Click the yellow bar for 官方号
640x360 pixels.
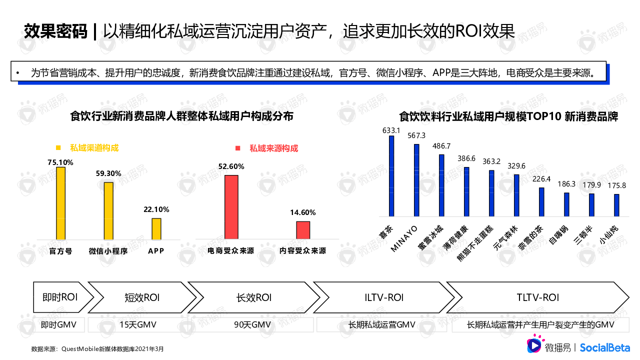60,203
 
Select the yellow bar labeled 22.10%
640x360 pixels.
156,228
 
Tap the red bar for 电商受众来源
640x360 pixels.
231,207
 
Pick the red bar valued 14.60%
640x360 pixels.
303,230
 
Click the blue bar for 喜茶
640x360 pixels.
391,175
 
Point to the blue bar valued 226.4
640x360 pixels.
541,201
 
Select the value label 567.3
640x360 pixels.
416,135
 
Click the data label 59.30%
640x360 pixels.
108,173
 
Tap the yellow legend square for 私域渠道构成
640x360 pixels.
58,148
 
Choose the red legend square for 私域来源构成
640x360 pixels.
238,148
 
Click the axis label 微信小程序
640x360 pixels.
108,251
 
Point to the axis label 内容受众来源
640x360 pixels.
303,251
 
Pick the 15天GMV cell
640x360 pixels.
137,325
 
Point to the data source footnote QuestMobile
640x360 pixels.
97,348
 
